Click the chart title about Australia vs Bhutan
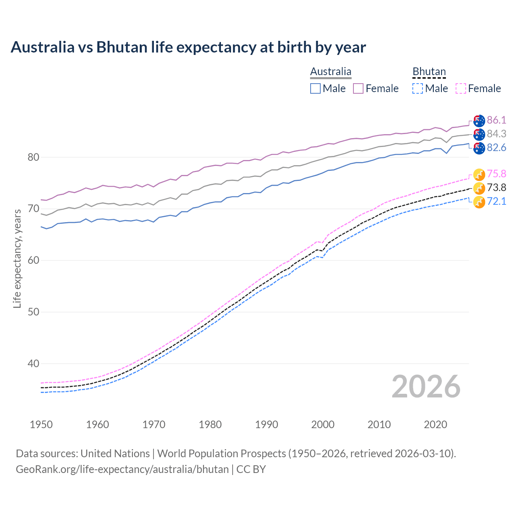coord(188,47)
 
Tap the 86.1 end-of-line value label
coord(496,120)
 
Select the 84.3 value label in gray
coord(496,134)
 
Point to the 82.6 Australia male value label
coord(496,147)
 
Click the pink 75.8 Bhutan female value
coord(496,174)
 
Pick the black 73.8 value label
coord(496,187)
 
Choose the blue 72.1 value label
coord(496,201)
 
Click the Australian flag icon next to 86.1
coord(479,120)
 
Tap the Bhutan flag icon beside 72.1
coord(479,202)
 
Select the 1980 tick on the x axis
coord(210,425)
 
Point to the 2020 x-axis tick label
coord(435,425)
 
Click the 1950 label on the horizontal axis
coord(41,425)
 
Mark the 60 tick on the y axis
coord(33,261)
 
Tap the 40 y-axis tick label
coord(33,364)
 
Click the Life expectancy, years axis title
coord(17,258)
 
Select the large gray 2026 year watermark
coord(426,387)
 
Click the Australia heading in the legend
coord(331,72)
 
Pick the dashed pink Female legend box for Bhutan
coord(461,88)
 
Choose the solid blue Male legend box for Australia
coord(315,88)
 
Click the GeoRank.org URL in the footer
coord(122,469)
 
